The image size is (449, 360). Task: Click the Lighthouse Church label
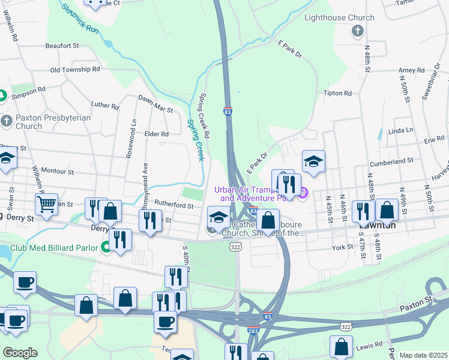(x=339, y=18)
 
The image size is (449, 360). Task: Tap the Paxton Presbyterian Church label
(x=45, y=122)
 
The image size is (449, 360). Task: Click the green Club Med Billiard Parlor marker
(x=106, y=246)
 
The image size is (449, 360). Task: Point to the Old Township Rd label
(x=75, y=70)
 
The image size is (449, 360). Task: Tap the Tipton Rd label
(x=337, y=94)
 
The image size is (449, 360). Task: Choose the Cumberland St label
(x=392, y=161)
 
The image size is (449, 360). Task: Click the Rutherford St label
(x=174, y=206)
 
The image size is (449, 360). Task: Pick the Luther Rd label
(x=105, y=106)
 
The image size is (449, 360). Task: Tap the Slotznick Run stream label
(x=80, y=18)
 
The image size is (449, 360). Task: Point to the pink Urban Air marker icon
(x=303, y=193)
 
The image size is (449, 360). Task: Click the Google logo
(x=20, y=353)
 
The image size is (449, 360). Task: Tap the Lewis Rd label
(x=369, y=345)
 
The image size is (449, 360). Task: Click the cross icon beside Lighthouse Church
(x=357, y=31)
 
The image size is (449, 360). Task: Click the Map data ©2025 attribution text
(x=423, y=355)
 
